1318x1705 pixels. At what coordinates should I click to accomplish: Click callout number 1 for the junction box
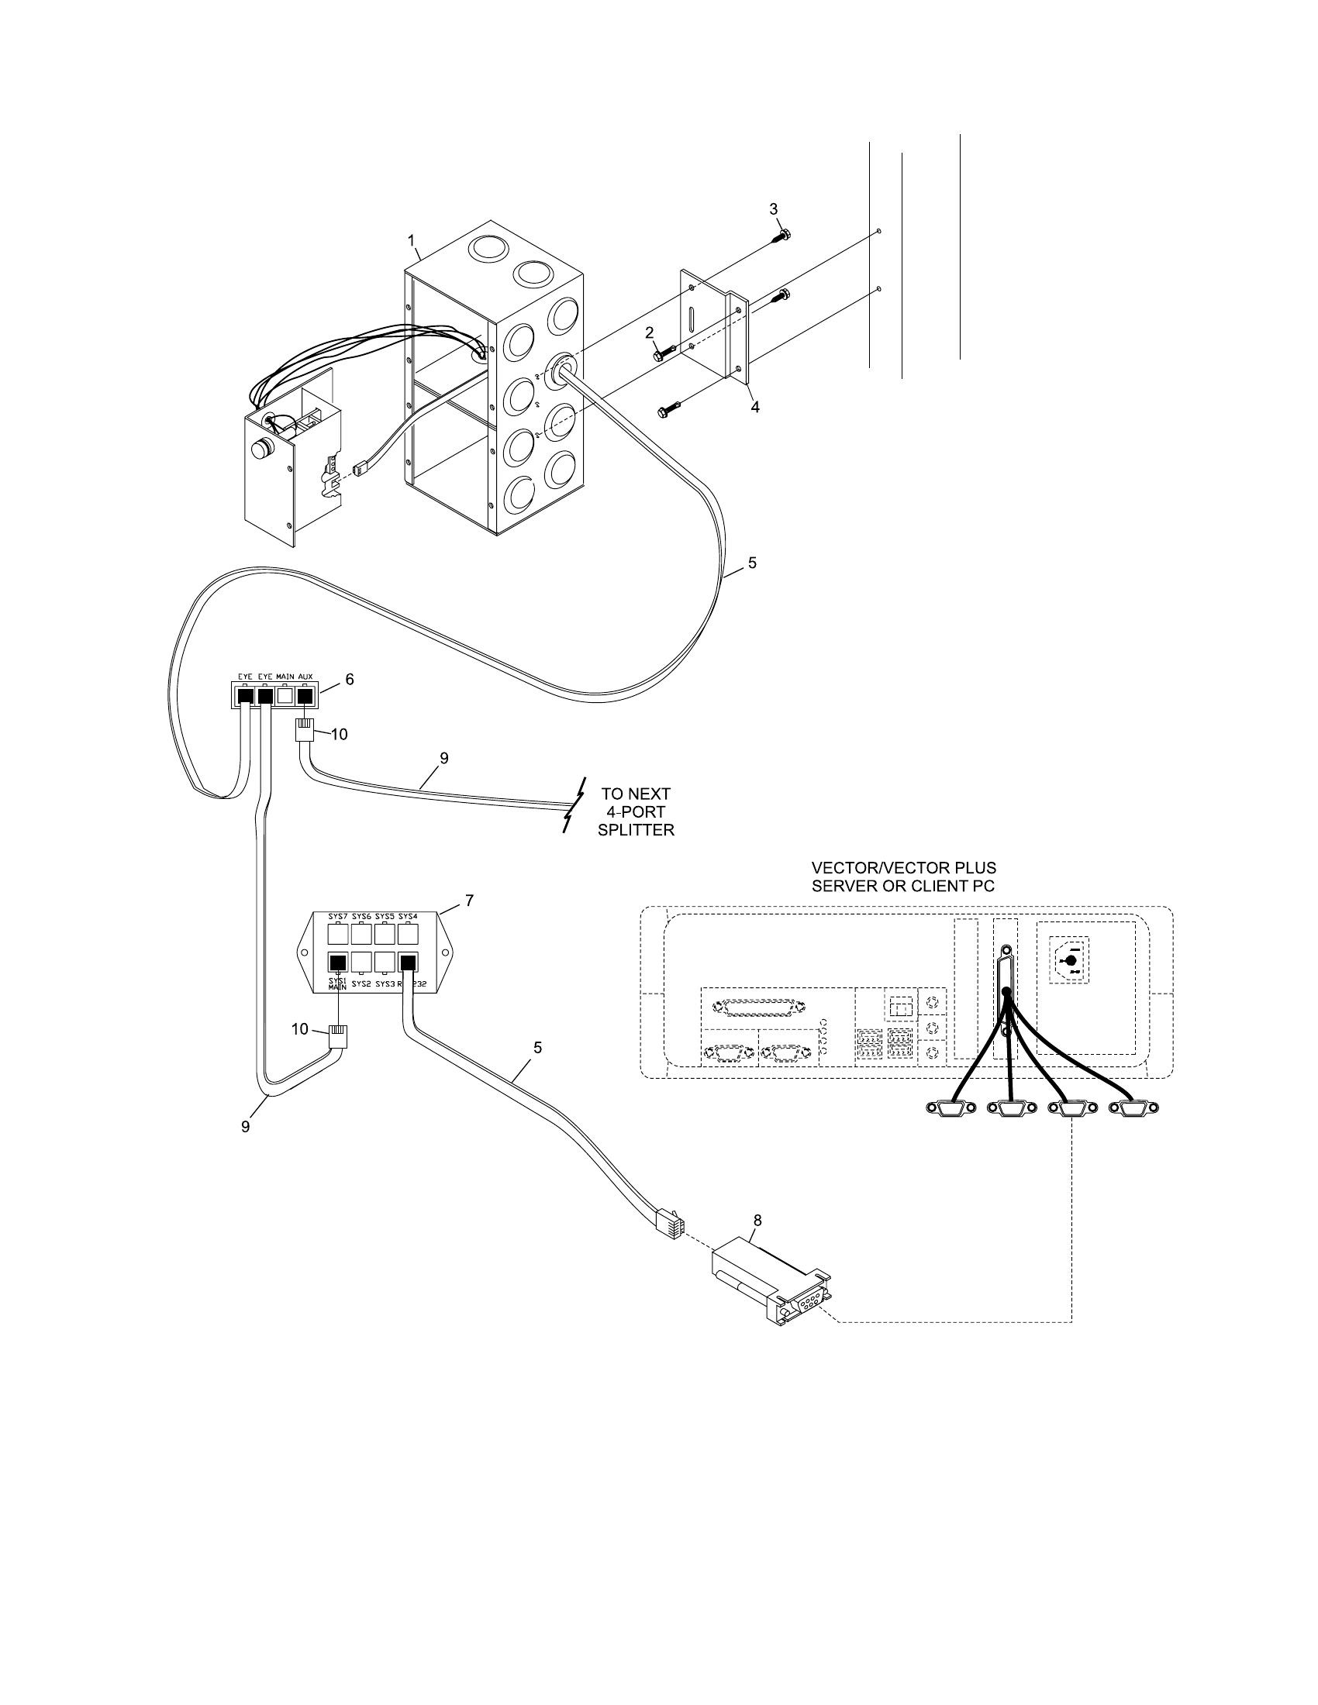click(x=412, y=240)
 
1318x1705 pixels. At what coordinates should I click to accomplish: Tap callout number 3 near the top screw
click(x=774, y=208)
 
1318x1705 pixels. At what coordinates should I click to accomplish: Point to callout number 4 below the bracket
click(x=755, y=407)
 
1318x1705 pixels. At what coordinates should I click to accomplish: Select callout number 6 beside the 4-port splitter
click(x=350, y=679)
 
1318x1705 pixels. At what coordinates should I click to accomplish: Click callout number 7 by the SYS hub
click(x=469, y=900)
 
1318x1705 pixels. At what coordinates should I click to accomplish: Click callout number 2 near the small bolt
click(x=649, y=332)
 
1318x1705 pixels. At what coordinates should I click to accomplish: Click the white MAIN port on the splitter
click(x=286, y=694)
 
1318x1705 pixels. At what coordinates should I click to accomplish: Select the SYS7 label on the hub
click(x=337, y=916)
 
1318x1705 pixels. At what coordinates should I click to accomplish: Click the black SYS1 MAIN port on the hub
click(x=337, y=962)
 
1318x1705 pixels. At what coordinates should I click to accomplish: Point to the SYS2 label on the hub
click(x=361, y=984)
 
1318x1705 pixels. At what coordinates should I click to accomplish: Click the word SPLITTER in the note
click(x=636, y=830)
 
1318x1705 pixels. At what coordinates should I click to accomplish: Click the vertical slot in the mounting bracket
click(x=692, y=322)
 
